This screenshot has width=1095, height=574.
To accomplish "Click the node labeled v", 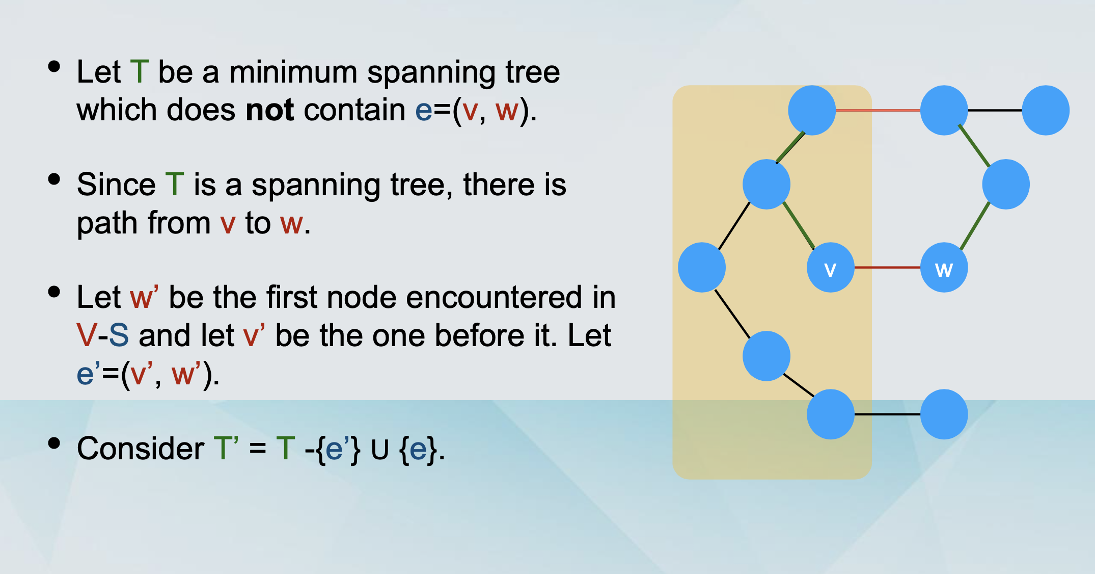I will tap(830, 268).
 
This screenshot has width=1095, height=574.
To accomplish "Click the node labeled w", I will tap(944, 268).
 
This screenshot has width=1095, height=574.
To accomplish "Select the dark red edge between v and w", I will tap(887, 267).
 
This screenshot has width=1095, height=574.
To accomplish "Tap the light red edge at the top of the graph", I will tap(878, 110).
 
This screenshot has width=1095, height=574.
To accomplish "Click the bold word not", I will tap(269, 110).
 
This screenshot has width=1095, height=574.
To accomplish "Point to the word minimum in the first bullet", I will tap(293, 72).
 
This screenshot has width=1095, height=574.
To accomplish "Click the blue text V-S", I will tap(102, 336).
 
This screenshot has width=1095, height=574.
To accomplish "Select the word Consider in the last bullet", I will tap(140, 449).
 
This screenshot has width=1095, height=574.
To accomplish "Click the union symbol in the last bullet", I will tap(379, 450).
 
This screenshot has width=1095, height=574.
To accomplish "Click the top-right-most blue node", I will tap(1045, 110).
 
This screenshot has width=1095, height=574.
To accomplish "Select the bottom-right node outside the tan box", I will tap(944, 414).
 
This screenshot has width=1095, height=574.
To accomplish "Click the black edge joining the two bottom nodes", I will tap(887, 414).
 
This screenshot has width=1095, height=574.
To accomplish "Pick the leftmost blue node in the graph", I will tap(702, 267).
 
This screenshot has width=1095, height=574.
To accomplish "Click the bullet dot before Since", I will tap(54, 179).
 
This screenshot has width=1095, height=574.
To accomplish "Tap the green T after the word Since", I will tap(174, 185).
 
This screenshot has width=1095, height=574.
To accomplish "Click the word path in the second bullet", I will tap(105, 223).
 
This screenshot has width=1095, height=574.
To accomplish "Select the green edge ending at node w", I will tap(975, 226).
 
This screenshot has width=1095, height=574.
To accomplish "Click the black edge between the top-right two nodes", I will tap(995, 110).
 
